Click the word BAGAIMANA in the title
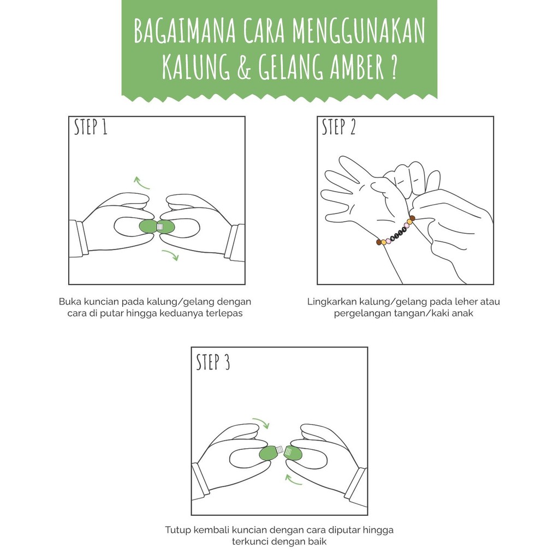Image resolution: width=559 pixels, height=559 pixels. coord(185,31)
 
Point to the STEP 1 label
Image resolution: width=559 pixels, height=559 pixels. coord(91,127)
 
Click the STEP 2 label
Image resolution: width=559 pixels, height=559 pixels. coord(338,127)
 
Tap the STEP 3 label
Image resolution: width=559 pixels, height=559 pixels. coord(213,362)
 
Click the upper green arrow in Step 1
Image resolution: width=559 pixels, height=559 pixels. coord(140,183)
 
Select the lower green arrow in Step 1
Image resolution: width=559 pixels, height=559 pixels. coord(170,254)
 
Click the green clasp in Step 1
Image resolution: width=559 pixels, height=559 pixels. coord(157,227)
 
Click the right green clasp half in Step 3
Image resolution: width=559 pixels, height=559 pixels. coord(293,453)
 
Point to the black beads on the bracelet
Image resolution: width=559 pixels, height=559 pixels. coord(399,233)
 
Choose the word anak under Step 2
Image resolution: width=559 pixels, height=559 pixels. coord(463,313)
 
